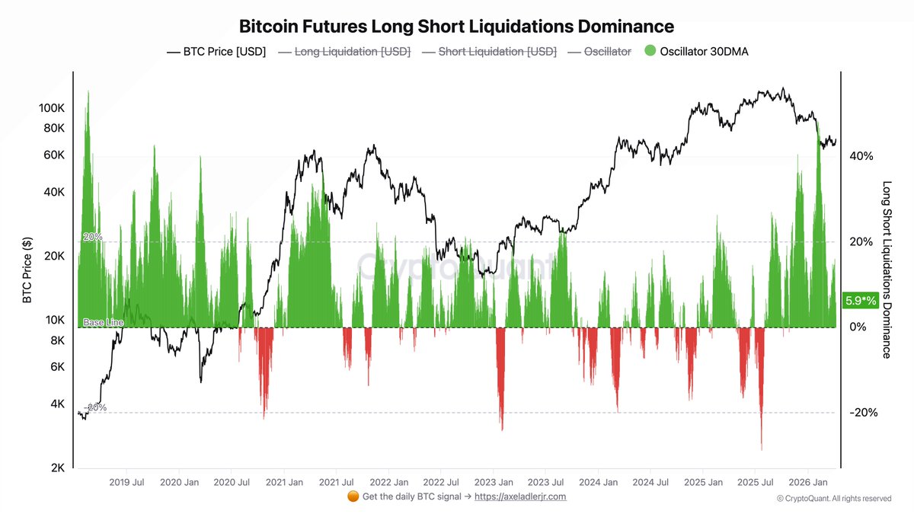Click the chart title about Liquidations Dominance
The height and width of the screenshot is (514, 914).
[x=456, y=27]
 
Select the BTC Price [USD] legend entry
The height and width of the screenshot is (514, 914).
[x=216, y=52]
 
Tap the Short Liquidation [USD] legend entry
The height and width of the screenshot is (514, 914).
[x=488, y=52]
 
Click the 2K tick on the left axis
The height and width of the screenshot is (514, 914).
[x=59, y=468]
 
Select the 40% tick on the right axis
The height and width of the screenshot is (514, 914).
[x=861, y=156]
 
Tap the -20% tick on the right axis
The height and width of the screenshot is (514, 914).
[x=862, y=413]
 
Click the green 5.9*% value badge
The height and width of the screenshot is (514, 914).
[x=860, y=301]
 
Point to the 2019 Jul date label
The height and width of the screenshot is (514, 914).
[x=128, y=482]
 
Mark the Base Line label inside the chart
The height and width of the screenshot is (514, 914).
[x=103, y=323]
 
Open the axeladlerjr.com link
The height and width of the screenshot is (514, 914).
[x=520, y=496]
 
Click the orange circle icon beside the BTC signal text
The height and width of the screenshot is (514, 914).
[x=353, y=496]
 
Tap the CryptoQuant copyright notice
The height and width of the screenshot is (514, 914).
[x=834, y=499]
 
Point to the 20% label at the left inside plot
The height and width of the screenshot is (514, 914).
[x=93, y=237]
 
